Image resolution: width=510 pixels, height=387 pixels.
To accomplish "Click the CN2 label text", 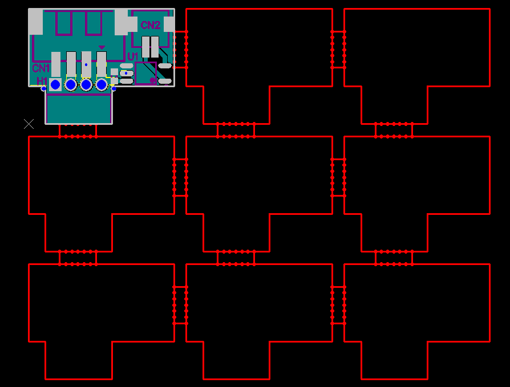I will click(151, 25).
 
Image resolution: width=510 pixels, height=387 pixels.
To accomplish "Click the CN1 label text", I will click(41, 68).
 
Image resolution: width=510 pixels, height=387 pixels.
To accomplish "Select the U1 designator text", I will click(133, 56).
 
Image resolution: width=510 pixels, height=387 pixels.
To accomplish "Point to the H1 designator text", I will click(42, 80).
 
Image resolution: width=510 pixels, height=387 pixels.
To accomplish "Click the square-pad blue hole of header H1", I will click(55, 85).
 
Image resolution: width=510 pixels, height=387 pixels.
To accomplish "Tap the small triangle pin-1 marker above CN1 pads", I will click(102, 47).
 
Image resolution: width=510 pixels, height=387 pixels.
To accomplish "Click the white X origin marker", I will click(29, 124).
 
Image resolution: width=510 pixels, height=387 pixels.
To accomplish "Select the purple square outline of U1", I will click(146, 73).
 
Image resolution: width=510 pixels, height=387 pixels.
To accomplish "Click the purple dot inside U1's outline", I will click(152, 80).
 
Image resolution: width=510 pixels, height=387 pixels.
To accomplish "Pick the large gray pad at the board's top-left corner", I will click(35, 22).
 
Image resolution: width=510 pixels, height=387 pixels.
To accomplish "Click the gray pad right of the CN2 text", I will click(169, 25).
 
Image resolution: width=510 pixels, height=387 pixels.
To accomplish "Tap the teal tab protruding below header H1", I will click(79, 109).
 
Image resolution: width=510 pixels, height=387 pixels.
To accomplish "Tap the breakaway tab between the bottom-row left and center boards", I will click(180, 305).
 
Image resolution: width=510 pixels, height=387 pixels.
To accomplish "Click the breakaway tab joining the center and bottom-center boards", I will click(236, 258).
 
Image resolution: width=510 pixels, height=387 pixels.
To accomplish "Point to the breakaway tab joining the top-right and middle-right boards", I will click(394, 130).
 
